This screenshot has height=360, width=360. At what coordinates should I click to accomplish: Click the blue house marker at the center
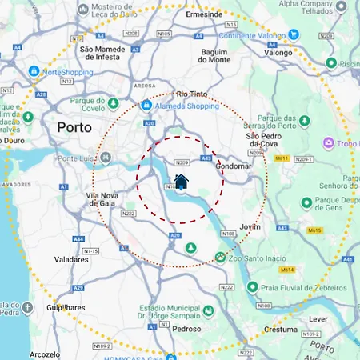click(x=181, y=181)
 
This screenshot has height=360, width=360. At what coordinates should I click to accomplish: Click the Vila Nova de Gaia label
click(x=106, y=200)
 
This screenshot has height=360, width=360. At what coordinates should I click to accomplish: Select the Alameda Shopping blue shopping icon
click(x=146, y=105)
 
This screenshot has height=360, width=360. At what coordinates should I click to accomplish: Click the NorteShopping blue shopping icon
click(x=34, y=71)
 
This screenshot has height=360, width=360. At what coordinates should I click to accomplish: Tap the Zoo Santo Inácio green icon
click(x=220, y=257)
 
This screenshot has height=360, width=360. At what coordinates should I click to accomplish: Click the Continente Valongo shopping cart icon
click(x=294, y=34)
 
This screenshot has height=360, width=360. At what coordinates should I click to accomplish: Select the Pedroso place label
click(x=186, y=328)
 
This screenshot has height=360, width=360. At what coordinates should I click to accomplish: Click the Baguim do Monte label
click(x=214, y=55)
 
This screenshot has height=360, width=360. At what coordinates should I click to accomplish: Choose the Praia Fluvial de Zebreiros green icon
click(x=254, y=287)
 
